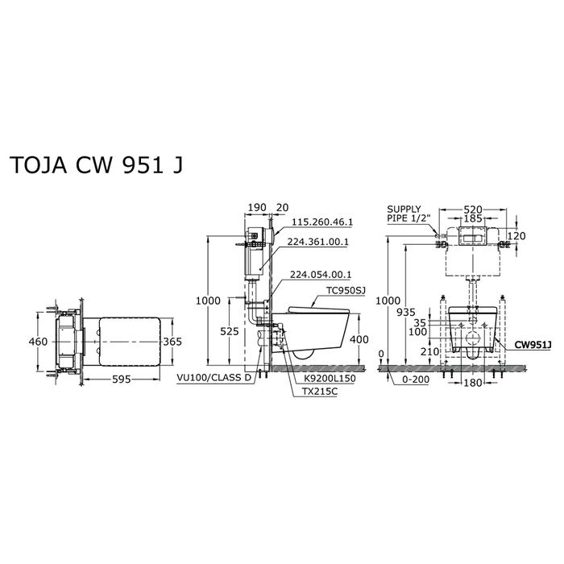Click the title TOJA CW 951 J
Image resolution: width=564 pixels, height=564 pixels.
click(x=97, y=165)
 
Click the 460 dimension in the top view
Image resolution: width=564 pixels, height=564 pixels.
click(x=38, y=342)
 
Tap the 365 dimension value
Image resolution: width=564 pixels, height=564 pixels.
click(x=172, y=342)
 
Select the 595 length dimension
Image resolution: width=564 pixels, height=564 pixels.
click(x=122, y=379)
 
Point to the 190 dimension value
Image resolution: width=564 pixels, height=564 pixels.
click(x=258, y=208)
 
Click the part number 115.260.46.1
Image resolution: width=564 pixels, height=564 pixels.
click(x=322, y=222)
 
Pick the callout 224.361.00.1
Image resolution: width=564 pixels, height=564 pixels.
click(x=318, y=242)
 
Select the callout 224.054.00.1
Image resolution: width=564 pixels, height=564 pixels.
click(x=321, y=275)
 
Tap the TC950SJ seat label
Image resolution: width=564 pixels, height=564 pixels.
click(x=346, y=290)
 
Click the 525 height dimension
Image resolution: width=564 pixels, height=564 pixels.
click(x=230, y=331)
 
